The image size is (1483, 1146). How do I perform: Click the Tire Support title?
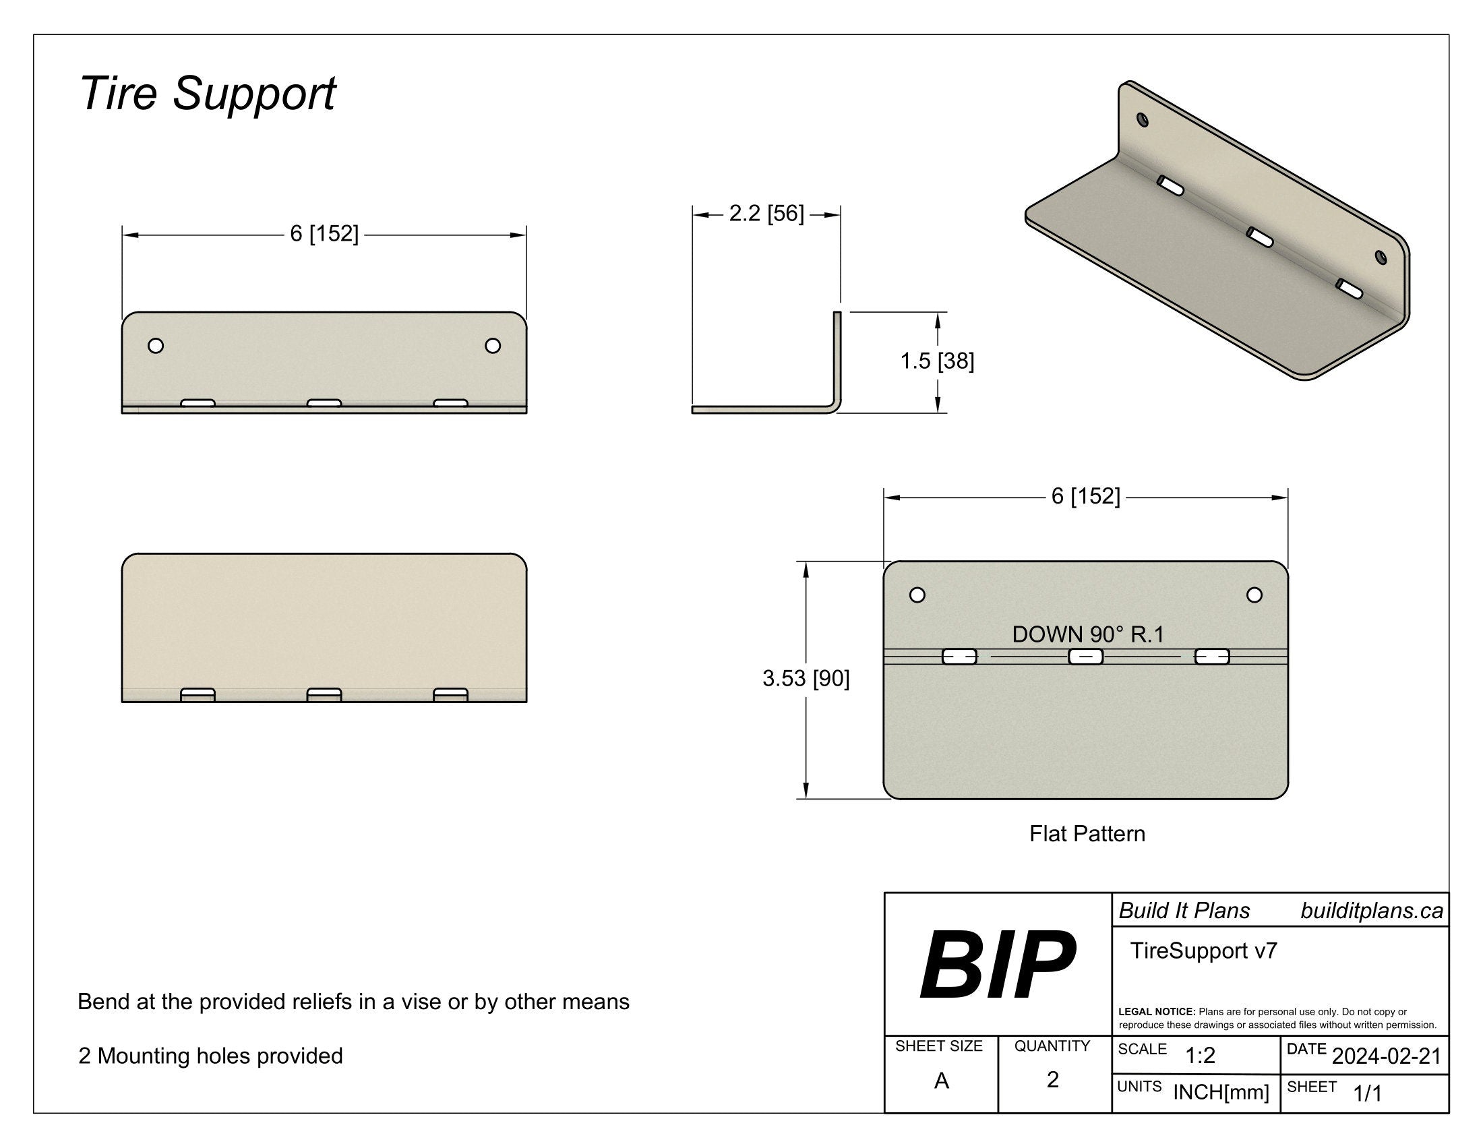click(x=207, y=94)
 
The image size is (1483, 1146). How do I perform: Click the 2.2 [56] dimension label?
click(x=766, y=214)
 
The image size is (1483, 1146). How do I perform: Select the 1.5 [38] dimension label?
click(x=936, y=361)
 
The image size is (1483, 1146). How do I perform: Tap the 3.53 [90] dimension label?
click(x=806, y=678)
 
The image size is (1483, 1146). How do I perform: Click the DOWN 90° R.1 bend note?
click(x=1088, y=634)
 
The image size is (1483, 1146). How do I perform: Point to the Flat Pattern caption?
click(x=1087, y=834)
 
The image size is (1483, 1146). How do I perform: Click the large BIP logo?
click(x=997, y=965)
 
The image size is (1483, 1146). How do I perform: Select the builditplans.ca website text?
click(x=1371, y=911)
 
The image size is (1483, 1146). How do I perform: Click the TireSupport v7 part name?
click(x=1203, y=951)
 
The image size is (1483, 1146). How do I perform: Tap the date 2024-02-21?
click(x=1386, y=1056)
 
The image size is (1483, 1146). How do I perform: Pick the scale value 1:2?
click(x=1200, y=1056)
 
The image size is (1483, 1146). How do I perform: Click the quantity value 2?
click(x=1052, y=1079)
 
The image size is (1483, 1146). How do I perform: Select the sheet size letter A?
click(x=941, y=1080)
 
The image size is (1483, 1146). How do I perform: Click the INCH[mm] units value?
click(x=1221, y=1092)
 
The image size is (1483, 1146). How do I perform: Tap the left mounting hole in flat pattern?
click(x=917, y=595)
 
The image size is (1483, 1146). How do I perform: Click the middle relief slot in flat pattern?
click(x=1086, y=657)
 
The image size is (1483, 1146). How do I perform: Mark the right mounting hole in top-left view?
click(x=493, y=346)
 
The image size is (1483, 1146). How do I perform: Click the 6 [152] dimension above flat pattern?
click(x=1085, y=496)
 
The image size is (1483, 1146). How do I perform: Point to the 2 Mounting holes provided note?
click(x=210, y=1056)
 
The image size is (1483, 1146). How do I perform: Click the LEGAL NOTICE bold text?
click(x=1156, y=1012)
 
